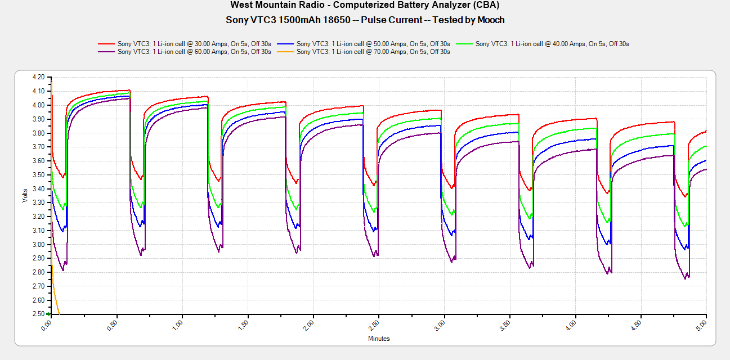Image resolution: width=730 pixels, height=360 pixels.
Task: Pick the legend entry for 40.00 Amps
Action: click(552, 43)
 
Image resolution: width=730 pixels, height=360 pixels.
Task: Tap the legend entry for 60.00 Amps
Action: click(194, 52)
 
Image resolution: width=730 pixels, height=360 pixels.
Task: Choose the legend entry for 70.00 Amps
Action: click(373, 52)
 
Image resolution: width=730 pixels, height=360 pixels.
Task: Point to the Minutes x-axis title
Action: click(379, 339)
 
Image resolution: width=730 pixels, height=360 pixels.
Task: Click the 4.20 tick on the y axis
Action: click(38, 77)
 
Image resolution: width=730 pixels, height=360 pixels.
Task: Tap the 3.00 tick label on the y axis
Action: click(38, 244)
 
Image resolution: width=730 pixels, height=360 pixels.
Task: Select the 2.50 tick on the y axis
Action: click(38, 314)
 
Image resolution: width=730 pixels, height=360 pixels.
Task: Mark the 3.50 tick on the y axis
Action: click(38, 174)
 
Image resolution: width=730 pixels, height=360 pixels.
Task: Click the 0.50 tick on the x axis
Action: click(113, 325)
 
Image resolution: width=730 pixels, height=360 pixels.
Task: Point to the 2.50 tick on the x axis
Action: click(375, 325)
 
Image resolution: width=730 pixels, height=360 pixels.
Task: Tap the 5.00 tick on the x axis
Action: click(703, 325)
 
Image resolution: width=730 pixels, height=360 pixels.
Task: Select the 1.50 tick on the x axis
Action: click(244, 325)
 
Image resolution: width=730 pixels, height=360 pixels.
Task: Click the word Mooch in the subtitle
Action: click(490, 20)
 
